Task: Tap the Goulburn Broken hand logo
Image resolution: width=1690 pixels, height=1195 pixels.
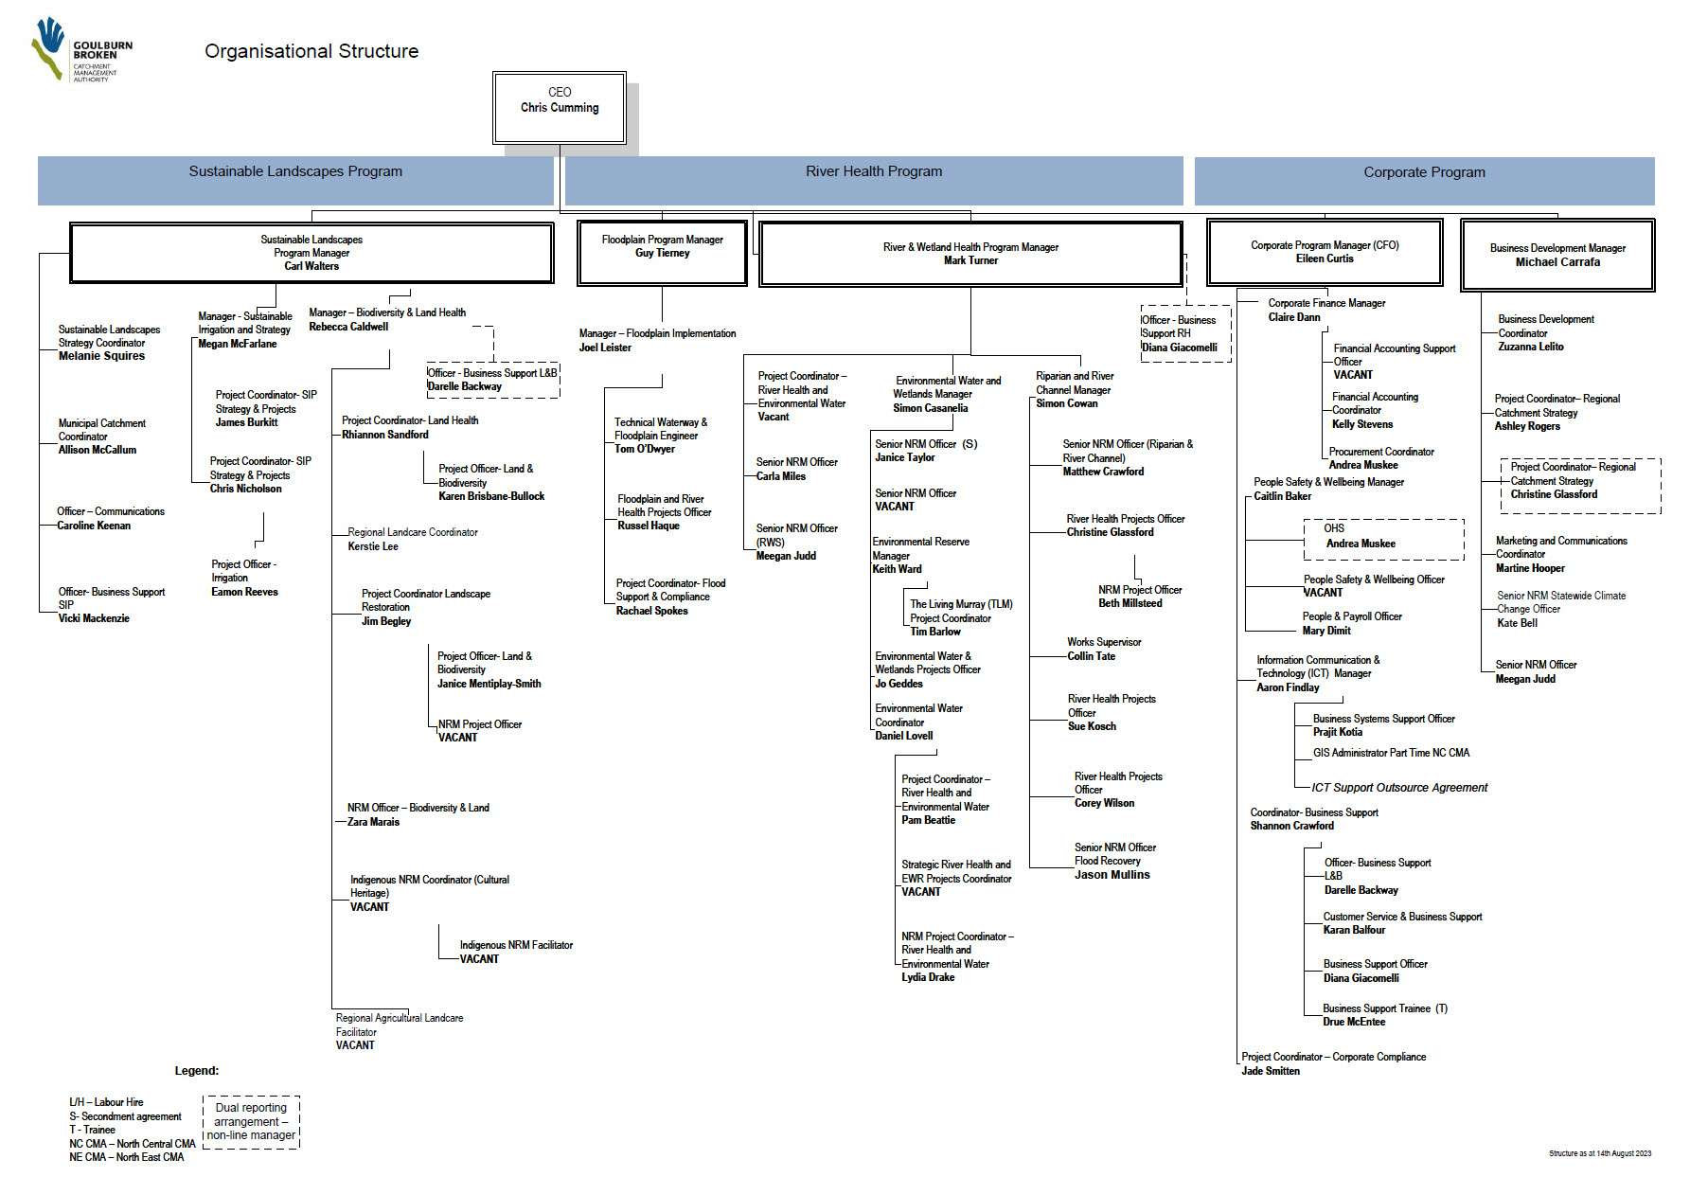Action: coord(48,47)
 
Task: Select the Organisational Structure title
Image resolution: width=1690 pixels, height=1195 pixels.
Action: coord(311,52)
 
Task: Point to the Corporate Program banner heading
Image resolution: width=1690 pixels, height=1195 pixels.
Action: coord(1424,172)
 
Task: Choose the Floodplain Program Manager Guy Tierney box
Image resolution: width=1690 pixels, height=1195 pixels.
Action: coord(662,252)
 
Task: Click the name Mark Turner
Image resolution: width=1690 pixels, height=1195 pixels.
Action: coord(970,260)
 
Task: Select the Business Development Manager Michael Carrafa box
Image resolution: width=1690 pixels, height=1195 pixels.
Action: coord(1557,255)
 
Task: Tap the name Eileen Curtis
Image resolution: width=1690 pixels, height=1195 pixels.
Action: coord(1325,259)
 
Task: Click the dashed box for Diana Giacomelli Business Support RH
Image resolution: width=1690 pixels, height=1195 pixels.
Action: coord(1185,333)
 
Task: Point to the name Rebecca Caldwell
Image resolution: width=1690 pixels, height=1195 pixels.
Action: coord(348,327)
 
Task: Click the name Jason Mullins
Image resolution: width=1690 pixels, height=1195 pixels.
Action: coord(1112,875)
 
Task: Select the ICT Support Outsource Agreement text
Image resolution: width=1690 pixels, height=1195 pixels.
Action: coord(1399,788)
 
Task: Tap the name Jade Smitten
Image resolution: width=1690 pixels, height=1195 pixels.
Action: coord(1271,1071)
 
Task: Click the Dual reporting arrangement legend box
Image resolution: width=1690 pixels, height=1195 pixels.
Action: coord(251,1122)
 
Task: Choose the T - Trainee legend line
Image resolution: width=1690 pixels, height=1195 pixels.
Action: coord(93,1130)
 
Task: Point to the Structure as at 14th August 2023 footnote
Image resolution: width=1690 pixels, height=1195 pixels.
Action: coord(1600,1153)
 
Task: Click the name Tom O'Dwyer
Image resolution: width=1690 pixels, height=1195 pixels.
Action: coord(645,449)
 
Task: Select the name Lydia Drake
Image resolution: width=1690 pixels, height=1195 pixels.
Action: coord(928,977)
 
